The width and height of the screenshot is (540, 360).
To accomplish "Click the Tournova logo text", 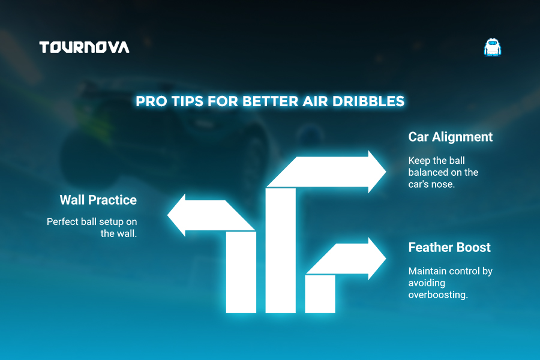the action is (84, 47).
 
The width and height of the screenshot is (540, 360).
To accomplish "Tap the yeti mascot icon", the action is (493, 47).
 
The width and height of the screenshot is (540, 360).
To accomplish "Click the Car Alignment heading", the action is (451, 137).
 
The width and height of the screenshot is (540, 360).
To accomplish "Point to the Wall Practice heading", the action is (98, 200).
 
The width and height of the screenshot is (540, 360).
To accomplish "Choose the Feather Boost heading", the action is (449, 247).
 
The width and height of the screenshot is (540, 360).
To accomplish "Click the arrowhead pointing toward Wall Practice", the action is (176, 215).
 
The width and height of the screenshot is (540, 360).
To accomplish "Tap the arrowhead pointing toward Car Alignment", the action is (377, 172).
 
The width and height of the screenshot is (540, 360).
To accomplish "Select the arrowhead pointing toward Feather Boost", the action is (377, 259).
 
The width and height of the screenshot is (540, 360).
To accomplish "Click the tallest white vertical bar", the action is (281, 250).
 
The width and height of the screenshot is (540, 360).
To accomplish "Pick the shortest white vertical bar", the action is (320, 294).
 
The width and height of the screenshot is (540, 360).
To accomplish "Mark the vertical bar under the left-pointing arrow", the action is (241, 272).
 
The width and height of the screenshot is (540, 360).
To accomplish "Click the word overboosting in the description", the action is (438, 295).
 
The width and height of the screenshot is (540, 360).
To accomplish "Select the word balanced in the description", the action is (428, 172).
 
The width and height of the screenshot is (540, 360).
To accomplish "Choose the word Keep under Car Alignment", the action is (419, 161).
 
